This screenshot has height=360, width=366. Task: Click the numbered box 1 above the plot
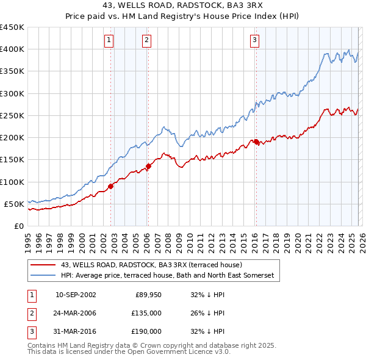click(x=109, y=41)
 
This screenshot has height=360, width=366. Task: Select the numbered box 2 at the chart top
click(x=147, y=41)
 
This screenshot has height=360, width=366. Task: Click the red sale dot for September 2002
click(x=110, y=186)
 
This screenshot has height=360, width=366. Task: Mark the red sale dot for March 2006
click(x=148, y=166)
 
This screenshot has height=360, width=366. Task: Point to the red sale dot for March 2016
click(x=256, y=142)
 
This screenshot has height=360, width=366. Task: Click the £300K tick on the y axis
click(x=12, y=93)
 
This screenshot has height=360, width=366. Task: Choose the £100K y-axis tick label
click(x=12, y=182)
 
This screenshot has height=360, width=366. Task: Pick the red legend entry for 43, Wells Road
click(x=151, y=265)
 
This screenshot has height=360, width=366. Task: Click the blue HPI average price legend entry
click(x=168, y=276)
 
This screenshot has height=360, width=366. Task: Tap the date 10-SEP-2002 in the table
click(x=76, y=295)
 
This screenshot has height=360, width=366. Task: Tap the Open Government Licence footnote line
click(x=129, y=352)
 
